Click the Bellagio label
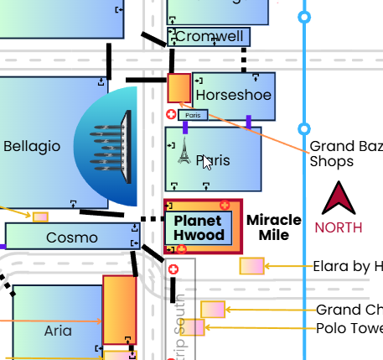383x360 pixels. (32, 146)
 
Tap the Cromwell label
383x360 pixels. (210, 37)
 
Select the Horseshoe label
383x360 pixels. (234, 95)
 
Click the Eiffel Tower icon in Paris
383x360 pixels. (184, 150)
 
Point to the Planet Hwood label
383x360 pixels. (199, 228)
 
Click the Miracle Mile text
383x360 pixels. (273, 227)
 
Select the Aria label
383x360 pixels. (57, 331)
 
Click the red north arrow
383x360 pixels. (339, 199)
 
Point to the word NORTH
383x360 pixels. (339, 227)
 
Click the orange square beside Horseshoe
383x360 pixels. (179, 87)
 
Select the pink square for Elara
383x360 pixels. (251, 266)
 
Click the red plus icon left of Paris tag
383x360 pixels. (172, 115)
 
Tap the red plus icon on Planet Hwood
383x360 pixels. (224, 205)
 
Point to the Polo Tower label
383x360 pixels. (349, 328)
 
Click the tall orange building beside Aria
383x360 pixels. (119, 309)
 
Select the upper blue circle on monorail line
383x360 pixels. (304, 16)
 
